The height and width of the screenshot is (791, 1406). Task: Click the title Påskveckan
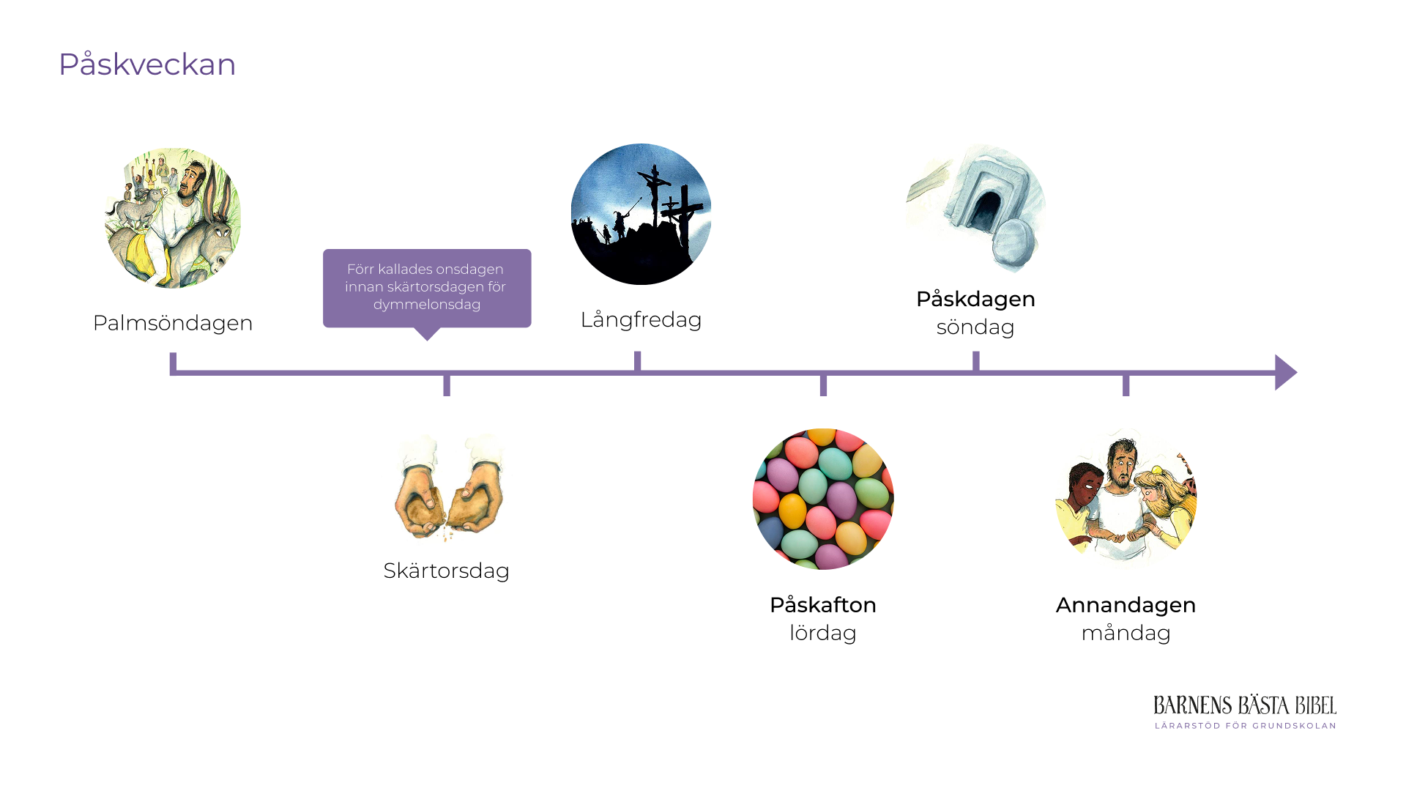(147, 64)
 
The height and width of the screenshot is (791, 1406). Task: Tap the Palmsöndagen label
(173, 323)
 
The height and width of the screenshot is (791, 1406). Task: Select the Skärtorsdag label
(446, 571)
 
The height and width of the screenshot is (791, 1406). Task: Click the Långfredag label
(641, 320)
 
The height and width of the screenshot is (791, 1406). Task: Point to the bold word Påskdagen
(975, 299)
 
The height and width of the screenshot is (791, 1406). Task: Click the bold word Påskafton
(822, 605)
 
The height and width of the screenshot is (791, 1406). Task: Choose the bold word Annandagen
(1126, 605)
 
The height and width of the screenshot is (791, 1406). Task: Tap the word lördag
(822, 633)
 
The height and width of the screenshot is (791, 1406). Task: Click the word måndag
(1126, 633)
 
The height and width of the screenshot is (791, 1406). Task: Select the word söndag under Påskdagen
(975, 327)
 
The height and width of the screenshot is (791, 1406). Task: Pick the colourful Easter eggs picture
(823, 499)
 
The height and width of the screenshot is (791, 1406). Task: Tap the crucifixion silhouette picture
(641, 214)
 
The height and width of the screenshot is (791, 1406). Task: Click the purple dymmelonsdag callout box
(427, 288)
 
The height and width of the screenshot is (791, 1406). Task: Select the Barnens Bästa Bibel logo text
(1245, 706)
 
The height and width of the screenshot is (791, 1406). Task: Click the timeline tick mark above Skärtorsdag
(447, 385)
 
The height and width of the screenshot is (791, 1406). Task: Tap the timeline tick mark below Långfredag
(638, 361)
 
